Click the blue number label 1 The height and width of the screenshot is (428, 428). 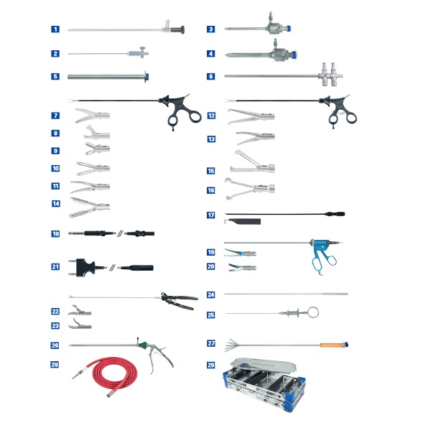coord(55,29)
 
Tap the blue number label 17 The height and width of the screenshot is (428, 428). coord(210,215)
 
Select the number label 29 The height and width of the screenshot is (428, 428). coord(210,365)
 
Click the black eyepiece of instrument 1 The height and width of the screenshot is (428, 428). coord(179,29)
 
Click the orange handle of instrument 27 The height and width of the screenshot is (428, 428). coord(332,345)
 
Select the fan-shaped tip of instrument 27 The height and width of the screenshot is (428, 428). coord(231,345)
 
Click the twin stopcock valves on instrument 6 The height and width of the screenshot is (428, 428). coord(330,75)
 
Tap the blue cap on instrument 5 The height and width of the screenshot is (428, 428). coord(146,77)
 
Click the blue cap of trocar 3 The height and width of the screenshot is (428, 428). coord(288,28)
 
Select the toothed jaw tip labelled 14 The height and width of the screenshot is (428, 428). coord(89,208)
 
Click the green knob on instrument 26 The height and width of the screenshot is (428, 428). coord(142,345)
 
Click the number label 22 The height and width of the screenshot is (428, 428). coord(55,311)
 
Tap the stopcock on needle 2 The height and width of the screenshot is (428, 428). coord(142,52)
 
